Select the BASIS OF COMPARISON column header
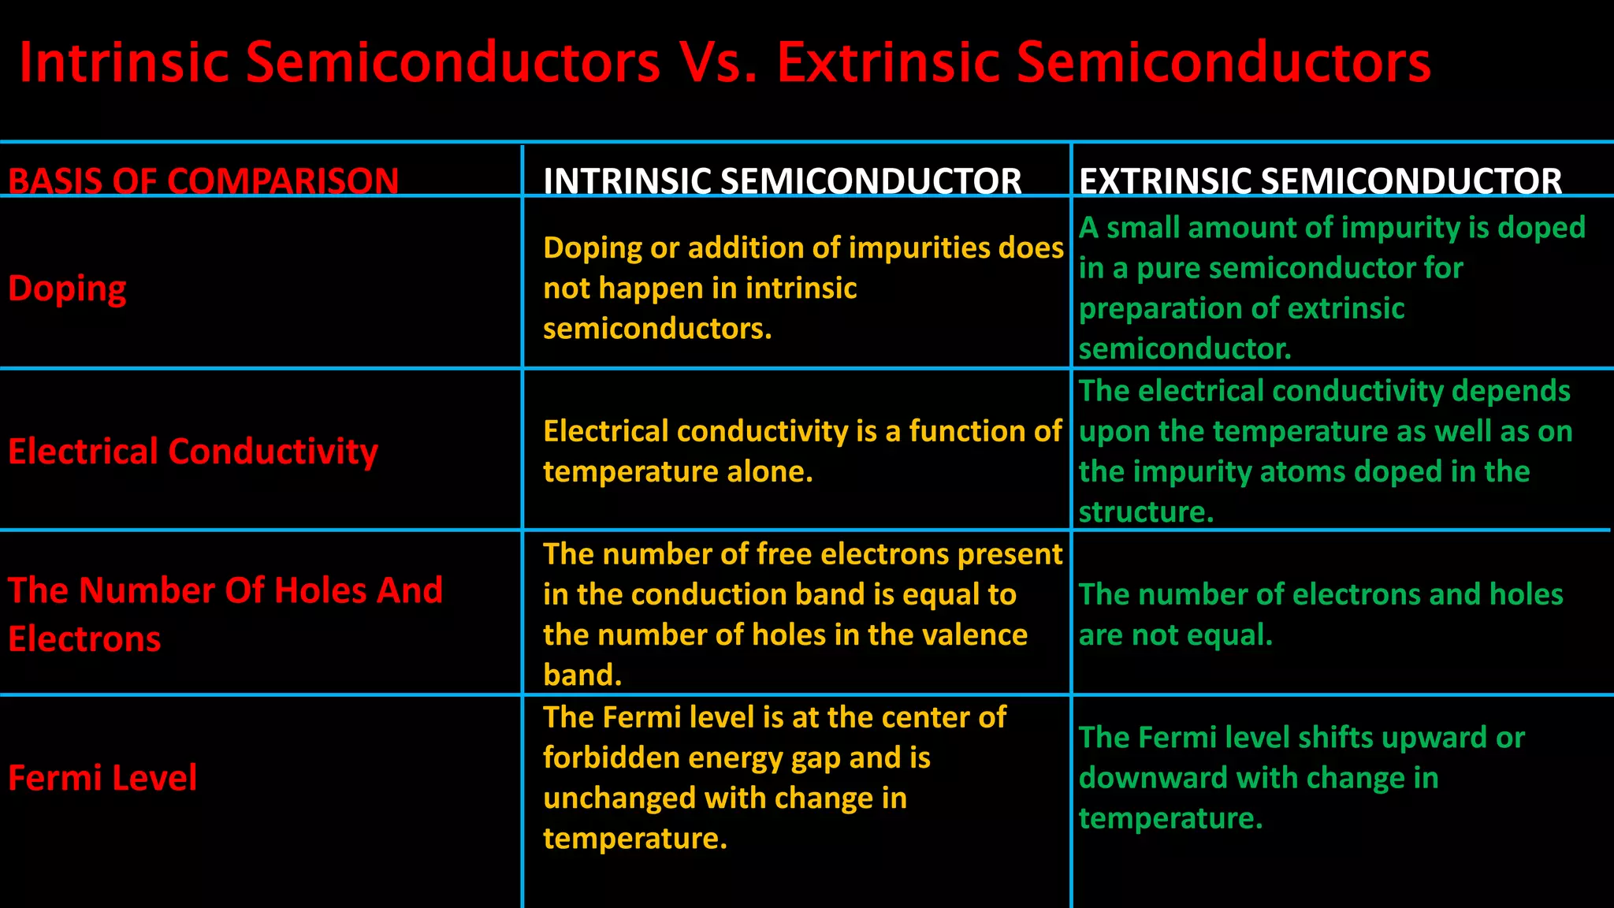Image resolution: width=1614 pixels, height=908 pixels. point(203,180)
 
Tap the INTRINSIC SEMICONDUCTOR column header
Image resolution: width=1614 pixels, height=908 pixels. point(782,180)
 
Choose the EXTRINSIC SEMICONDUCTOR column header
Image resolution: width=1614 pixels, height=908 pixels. point(1320,180)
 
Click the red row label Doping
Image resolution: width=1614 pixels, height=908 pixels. point(67,288)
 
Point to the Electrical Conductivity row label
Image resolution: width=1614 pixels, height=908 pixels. point(193,452)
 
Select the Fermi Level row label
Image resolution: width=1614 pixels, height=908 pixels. point(102,778)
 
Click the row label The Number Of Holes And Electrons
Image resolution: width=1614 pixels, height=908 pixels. point(225,614)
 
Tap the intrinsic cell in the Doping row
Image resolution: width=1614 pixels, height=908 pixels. point(802,288)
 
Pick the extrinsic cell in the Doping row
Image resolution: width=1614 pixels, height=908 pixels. point(1332,288)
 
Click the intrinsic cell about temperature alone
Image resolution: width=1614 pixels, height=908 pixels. point(802,452)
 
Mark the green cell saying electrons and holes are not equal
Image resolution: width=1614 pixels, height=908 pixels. point(1320,614)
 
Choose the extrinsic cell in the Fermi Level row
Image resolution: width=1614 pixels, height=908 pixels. point(1300,778)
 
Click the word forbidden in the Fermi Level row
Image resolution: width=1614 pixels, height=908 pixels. point(610,757)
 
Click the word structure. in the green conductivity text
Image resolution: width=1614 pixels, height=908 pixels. point(1145,512)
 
